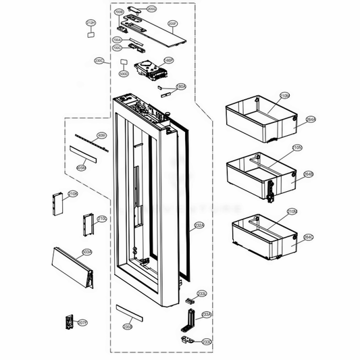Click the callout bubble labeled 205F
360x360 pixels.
(173, 24)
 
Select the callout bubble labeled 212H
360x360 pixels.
(91, 23)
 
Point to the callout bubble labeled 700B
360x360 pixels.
(119, 12)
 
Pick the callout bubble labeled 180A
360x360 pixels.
(180, 86)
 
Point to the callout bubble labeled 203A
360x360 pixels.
(87, 252)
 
